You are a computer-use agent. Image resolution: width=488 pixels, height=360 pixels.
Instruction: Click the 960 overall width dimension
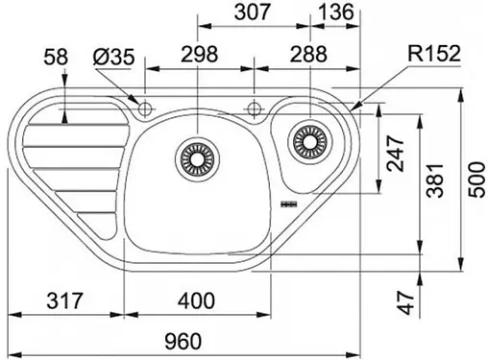tap(183, 341)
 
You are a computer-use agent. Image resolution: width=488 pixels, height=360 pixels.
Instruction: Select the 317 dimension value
tap(64, 300)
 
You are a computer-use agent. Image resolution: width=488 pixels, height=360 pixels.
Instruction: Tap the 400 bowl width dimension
tap(196, 300)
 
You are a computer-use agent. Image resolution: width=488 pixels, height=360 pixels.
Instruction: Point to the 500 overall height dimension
tap(476, 180)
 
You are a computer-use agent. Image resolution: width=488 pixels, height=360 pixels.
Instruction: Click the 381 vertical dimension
tap(436, 180)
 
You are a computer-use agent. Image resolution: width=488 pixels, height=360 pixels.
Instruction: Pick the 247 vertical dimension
tap(395, 154)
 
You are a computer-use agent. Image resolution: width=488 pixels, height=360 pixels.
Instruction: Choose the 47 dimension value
tap(406, 302)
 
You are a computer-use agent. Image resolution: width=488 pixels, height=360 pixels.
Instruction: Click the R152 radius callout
tap(434, 54)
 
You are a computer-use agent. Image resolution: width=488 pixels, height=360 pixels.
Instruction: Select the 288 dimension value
tap(308, 54)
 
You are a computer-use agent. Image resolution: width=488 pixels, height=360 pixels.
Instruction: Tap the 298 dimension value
tap(200, 54)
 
